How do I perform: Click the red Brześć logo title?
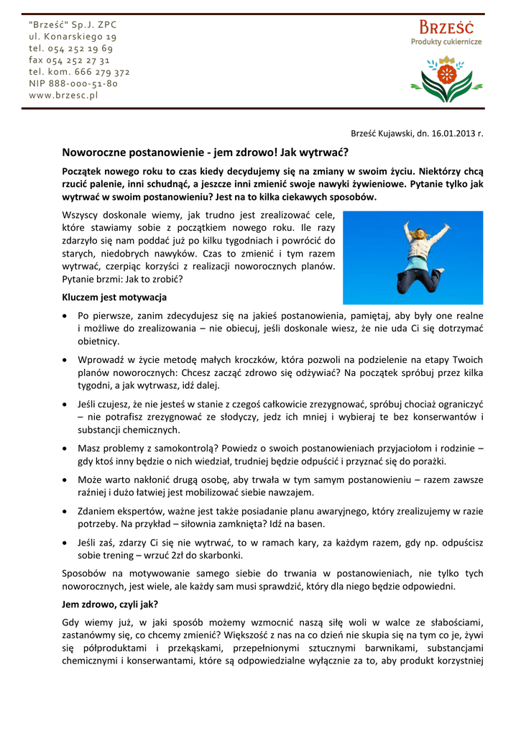tap(446, 28)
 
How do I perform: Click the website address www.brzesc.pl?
tap(63, 95)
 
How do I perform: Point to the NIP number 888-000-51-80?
tap(73, 83)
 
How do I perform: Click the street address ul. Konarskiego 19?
tap(73, 36)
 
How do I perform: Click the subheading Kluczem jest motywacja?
tap(115, 297)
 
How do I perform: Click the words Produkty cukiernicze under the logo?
tap(446, 42)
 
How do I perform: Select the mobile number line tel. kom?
tap(79, 72)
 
